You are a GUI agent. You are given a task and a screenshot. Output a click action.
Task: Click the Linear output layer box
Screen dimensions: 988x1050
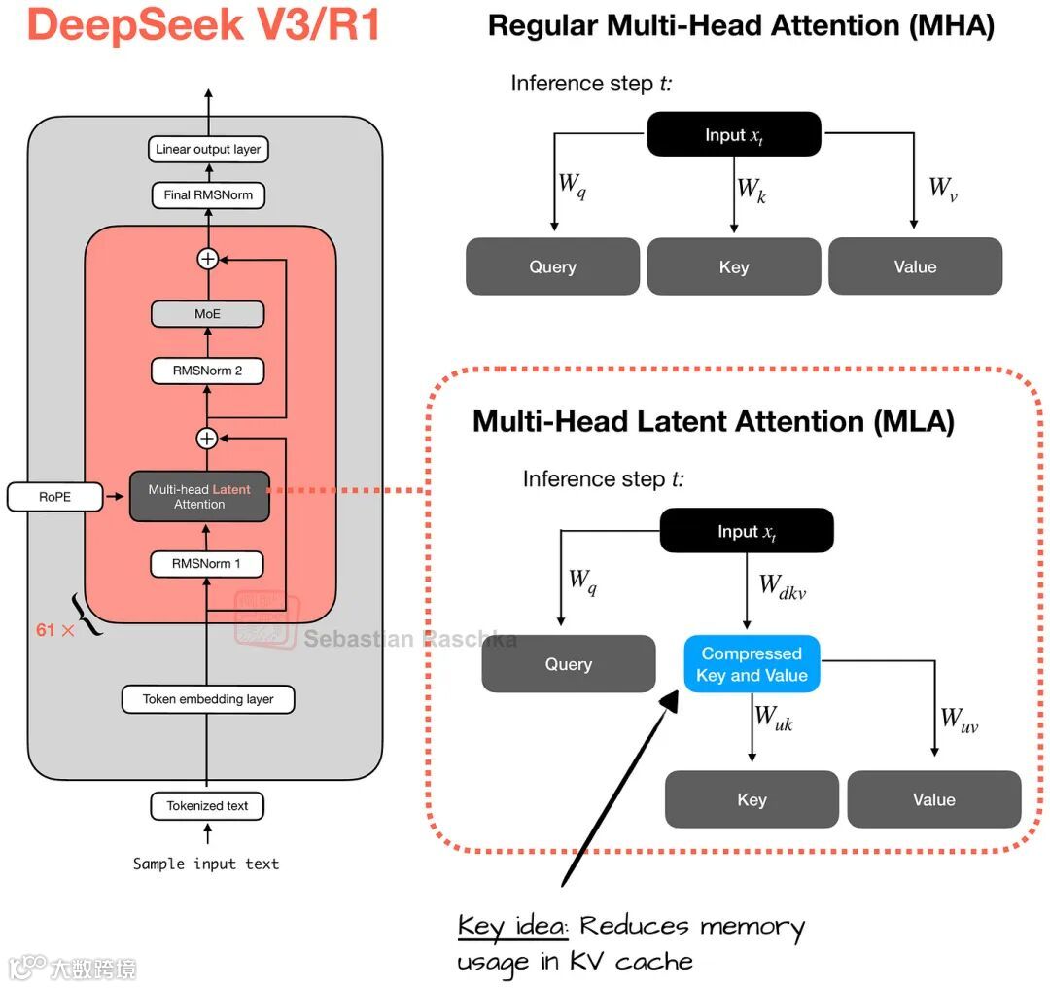pyautogui.click(x=208, y=149)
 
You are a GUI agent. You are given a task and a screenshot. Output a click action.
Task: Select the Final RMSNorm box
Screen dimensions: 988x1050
pyautogui.click(x=208, y=194)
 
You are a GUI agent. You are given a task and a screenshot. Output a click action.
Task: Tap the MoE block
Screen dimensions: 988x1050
pyautogui.click(x=207, y=314)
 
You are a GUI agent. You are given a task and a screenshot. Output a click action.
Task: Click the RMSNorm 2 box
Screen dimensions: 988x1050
pyautogui.click(x=207, y=370)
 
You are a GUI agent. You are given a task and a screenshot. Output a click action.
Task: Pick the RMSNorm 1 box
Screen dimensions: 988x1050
pyautogui.click(x=207, y=563)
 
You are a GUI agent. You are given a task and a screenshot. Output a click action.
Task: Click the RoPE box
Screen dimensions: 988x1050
pyautogui.click(x=55, y=497)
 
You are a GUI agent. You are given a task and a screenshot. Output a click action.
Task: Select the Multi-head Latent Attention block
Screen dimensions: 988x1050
pyautogui.click(x=199, y=497)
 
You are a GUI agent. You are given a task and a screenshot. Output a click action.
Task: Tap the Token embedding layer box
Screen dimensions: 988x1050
pyautogui.click(x=208, y=698)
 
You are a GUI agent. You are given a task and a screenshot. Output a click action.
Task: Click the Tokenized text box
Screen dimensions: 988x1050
pyautogui.click(x=207, y=805)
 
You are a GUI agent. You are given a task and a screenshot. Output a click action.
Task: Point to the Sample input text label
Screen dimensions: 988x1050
pyautogui.click(x=206, y=864)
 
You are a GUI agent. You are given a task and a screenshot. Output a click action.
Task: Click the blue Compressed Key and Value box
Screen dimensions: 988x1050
pyautogui.click(x=752, y=665)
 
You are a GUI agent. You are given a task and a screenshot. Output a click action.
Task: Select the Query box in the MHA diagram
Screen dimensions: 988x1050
pyautogui.click(x=552, y=266)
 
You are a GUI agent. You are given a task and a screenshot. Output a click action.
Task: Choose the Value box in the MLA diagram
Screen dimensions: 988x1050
pyautogui.click(x=934, y=799)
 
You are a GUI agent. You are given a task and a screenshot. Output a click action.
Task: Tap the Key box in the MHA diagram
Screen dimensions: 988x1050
pyautogui.click(x=734, y=266)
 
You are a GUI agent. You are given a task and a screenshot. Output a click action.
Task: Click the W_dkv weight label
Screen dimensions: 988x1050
pyautogui.click(x=783, y=586)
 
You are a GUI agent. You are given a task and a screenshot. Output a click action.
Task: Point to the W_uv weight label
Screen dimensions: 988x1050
pyautogui.click(x=959, y=720)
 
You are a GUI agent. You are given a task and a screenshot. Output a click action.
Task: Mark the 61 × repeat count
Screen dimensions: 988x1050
pyautogui.click(x=54, y=630)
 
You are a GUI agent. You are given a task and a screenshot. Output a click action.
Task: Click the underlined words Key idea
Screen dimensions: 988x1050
pyautogui.click(x=512, y=926)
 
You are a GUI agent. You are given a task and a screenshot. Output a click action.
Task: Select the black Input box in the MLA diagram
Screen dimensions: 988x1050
pyautogui.click(x=747, y=532)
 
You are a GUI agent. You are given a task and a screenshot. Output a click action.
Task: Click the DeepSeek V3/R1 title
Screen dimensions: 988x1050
pyautogui.click(x=204, y=25)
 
